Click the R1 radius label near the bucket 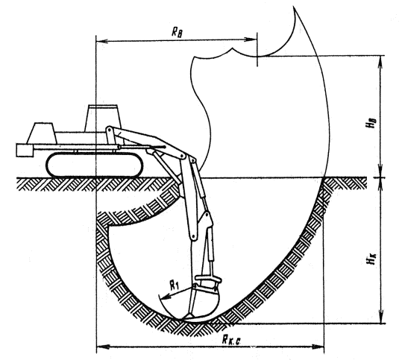point(175,285)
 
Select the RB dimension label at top point(177,33)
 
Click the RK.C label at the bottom point(231,341)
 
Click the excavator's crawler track point(94,165)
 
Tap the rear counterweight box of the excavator point(25,150)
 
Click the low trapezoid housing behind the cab point(42,133)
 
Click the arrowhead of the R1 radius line point(166,297)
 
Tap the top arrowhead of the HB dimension point(380,62)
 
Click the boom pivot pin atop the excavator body point(109,130)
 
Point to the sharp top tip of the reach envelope point(294,7)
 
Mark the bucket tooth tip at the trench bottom point(180,319)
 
